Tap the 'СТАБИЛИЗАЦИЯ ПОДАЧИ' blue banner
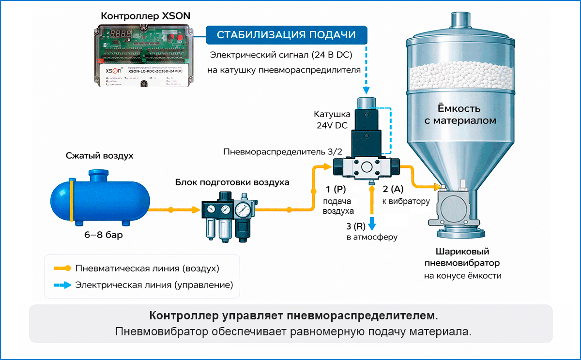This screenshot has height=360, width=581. pyautogui.click(x=286, y=35)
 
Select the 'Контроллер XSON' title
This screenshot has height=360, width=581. pyautogui.click(x=145, y=16)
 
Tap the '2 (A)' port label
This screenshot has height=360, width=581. pyautogui.click(x=393, y=189)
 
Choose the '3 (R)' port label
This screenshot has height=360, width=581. pyautogui.click(x=356, y=226)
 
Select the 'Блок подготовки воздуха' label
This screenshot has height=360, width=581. pyautogui.click(x=232, y=182)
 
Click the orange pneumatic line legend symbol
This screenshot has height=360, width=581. pyautogui.click(x=61, y=268)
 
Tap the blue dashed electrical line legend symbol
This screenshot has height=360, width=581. pyautogui.click(x=61, y=285)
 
